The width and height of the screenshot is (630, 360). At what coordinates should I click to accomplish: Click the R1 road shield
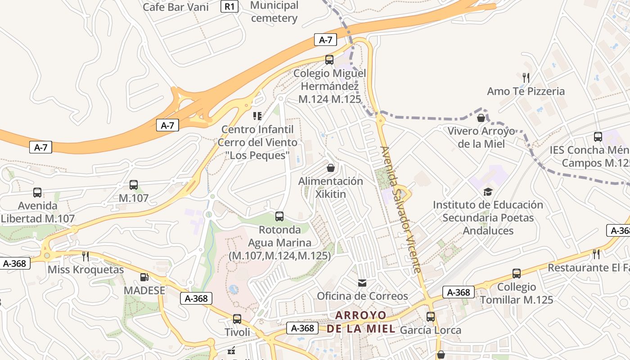pyautogui.click(x=229, y=6)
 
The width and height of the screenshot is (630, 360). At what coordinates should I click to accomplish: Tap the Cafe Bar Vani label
pyautogui.click(x=175, y=7)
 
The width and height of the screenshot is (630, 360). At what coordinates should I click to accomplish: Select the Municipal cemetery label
pyautogui.click(x=274, y=12)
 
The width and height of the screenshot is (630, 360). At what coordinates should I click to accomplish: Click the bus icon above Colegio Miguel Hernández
pyautogui.click(x=329, y=60)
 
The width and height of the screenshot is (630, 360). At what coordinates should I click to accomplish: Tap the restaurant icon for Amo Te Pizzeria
pyautogui.click(x=526, y=78)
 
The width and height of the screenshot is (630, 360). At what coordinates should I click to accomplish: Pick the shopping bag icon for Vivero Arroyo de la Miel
pyautogui.click(x=481, y=118)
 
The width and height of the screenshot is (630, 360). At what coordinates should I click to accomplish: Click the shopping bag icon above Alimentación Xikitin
pyautogui.click(x=331, y=168)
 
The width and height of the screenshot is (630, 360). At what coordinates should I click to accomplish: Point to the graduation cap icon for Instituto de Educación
pyautogui.click(x=488, y=192)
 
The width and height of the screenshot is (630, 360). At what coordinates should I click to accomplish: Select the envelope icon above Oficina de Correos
pyautogui.click(x=362, y=283)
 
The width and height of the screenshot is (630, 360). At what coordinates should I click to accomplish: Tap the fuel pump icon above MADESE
pyautogui.click(x=144, y=277)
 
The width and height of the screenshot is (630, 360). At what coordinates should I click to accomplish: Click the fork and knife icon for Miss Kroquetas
pyautogui.click(x=85, y=256)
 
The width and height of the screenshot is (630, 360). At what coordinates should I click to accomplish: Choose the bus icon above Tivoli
pyautogui.click(x=237, y=319)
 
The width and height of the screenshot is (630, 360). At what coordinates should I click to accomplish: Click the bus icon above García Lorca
pyautogui.click(x=431, y=317)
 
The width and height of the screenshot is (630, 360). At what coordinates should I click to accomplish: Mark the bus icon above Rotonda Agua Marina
pyautogui.click(x=279, y=216)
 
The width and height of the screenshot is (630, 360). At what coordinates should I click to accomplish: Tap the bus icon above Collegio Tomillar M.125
pyautogui.click(x=517, y=274)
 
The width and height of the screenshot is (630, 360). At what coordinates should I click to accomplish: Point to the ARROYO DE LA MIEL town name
pyautogui.click(x=361, y=321)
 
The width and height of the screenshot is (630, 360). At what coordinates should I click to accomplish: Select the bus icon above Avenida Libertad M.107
pyautogui.click(x=37, y=193)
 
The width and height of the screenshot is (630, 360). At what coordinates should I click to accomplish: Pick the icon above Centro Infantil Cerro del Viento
pyautogui.click(x=257, y=116)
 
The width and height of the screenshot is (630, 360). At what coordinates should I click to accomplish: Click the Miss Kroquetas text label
pyautogui.click(x=85, y=270)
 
